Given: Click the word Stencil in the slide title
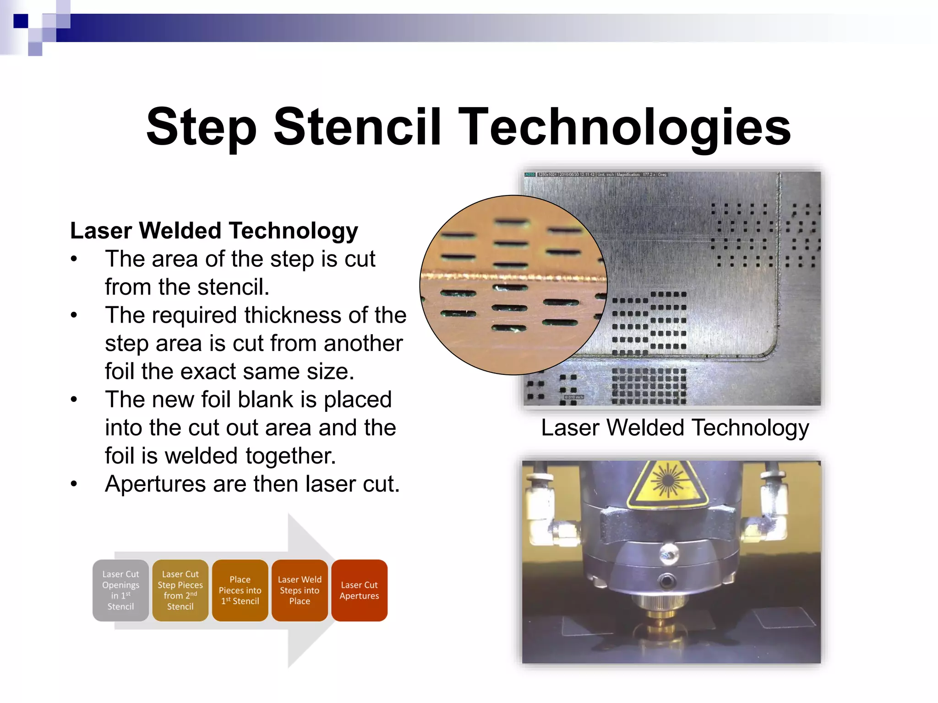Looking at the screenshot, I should (357, 127).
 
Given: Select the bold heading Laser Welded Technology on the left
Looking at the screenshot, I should (214, 230).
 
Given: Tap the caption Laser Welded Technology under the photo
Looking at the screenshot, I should (675, 428).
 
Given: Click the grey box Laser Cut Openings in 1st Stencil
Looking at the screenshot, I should (120, 590).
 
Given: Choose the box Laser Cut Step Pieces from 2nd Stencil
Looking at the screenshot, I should (180, 590).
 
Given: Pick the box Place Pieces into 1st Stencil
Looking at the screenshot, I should (240, 590).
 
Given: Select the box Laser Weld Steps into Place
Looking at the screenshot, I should (300, 590).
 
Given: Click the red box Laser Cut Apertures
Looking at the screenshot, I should (359, 590).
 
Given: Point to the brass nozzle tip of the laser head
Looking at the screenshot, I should (660, 627).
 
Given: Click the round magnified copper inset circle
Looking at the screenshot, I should (513, 285).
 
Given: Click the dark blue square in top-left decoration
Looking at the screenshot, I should (21, 21).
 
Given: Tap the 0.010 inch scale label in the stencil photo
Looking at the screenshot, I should (573, 397).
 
